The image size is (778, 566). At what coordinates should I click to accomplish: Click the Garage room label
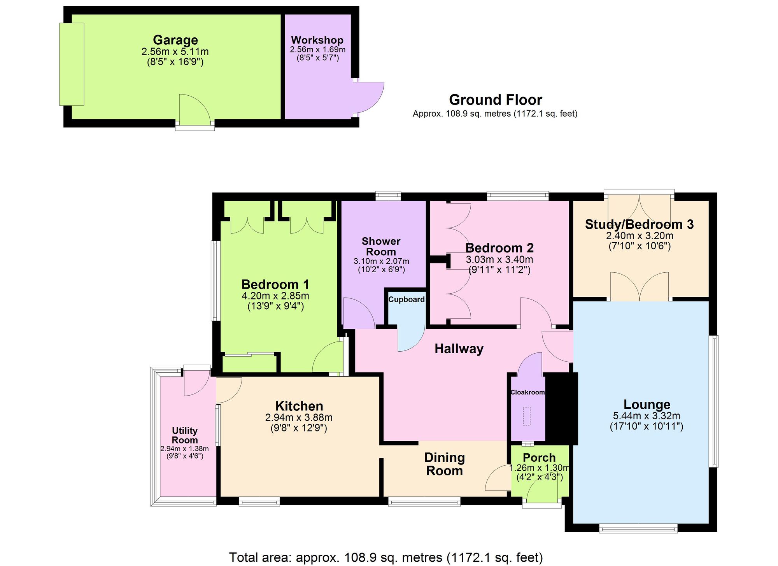175,40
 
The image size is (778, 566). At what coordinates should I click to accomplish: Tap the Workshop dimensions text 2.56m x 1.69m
317,50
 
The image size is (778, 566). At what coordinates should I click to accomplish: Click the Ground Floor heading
495,100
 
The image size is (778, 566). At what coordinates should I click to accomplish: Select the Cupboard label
407,300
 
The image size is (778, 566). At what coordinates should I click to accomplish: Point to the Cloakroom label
527,392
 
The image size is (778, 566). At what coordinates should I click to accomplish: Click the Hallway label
459,349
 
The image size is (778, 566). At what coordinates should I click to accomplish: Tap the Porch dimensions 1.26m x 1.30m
539,468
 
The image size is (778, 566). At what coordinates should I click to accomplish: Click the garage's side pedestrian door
194,111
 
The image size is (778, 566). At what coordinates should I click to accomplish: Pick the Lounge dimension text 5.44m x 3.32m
647,416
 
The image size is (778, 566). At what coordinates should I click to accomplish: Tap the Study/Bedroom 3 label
639,224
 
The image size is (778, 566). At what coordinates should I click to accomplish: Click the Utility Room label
185,435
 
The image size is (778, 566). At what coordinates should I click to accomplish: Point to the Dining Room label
444,464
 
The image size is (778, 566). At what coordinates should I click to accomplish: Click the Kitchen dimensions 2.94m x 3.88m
299,418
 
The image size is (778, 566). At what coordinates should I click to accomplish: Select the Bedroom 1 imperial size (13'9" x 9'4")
275,306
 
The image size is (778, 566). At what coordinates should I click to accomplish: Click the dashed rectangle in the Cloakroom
526,416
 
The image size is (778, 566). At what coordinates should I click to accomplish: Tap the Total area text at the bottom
385,557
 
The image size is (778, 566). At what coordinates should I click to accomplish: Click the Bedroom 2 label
499,248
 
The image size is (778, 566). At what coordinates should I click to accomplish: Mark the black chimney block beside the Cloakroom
561,408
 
